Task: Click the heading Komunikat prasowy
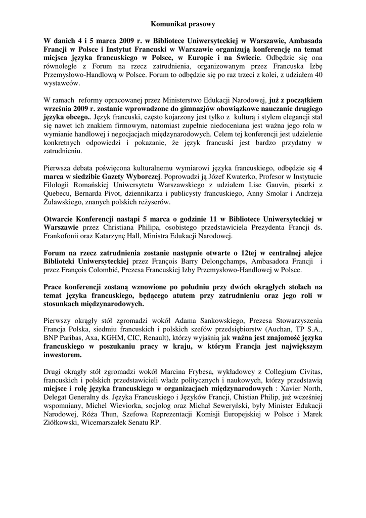[183, 23]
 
